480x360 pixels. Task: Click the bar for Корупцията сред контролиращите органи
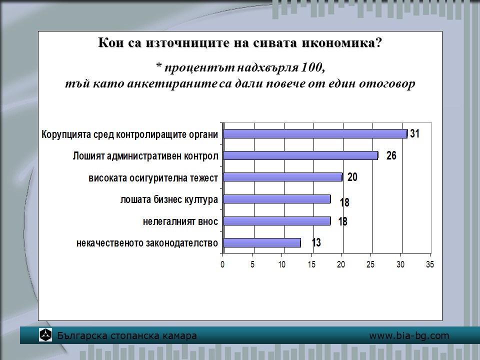(x=315, y=134)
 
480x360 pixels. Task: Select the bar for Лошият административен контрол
(x=300, y=155)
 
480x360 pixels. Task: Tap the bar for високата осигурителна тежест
(x=283, y=177)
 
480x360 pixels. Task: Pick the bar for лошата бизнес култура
(x=277, y=199)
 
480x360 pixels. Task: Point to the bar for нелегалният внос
(x=277, y=221)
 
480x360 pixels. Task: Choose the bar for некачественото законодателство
(x=262, y=243)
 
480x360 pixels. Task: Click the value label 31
(x=414, y=133)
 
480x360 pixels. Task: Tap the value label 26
(x=391, y=155)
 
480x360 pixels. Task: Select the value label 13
(x=316, y=242)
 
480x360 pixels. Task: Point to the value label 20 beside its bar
(x=352, y=177)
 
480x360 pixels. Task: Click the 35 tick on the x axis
(x=430, y=264)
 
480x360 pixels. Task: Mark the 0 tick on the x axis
(x=222, y=264)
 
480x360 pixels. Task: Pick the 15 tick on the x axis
(x=311, y=264)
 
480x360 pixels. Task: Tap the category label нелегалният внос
(x=180, y=221)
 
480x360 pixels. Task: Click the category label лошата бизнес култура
(x=169, y=199)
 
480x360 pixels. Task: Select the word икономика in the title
(x=338, y=43)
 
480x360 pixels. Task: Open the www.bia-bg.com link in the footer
(x=409, y=336)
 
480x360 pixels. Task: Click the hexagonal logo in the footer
(x=45, y=335)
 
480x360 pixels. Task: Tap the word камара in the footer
(x=179, y=336)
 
